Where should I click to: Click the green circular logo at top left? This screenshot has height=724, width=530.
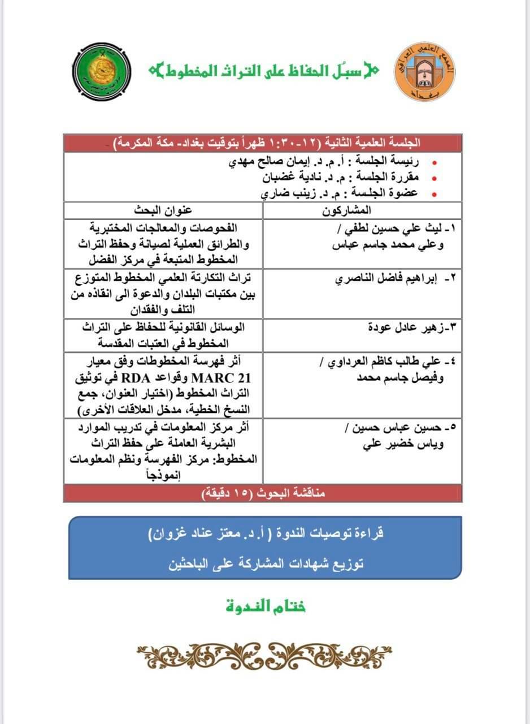click(102, 70)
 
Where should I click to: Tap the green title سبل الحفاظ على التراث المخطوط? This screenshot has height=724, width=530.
click(264, 71)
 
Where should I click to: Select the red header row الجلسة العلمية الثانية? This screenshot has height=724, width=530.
click(263, 143)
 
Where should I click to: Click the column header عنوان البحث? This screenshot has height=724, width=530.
click(163, 210)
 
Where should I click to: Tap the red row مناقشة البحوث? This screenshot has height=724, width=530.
click(263, 493)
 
